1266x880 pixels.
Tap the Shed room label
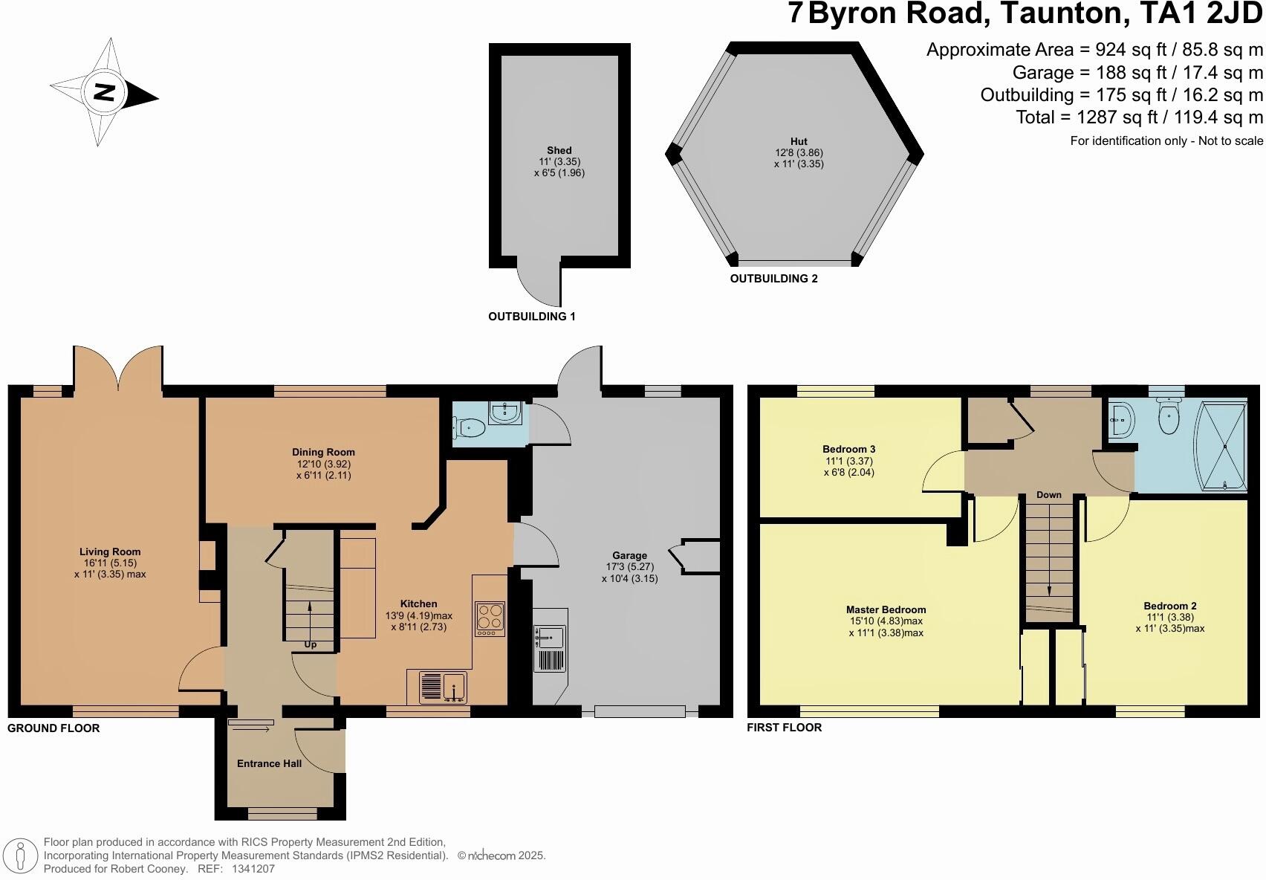(x=559, y=150)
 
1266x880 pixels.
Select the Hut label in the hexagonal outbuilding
(x=799, y=141)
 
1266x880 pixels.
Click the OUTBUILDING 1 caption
(x=531, y=317)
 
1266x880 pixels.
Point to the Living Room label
(x=110, y=551)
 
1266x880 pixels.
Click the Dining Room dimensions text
(x=322, y=469)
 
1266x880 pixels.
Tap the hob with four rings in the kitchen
(x=490, y=618)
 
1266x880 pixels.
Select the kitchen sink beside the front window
(x=443, y=687)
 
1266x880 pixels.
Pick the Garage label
(x=629, y=555)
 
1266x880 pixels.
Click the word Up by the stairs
(x=311, y=644)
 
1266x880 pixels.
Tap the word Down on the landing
(x=1049, y=495)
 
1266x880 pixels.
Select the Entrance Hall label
(x=269, y=763)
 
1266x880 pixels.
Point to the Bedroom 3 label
(x=848, y=449)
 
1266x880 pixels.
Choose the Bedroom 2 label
(x=1169, y=606)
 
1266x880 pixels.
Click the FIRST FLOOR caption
(x=784, y=728)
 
